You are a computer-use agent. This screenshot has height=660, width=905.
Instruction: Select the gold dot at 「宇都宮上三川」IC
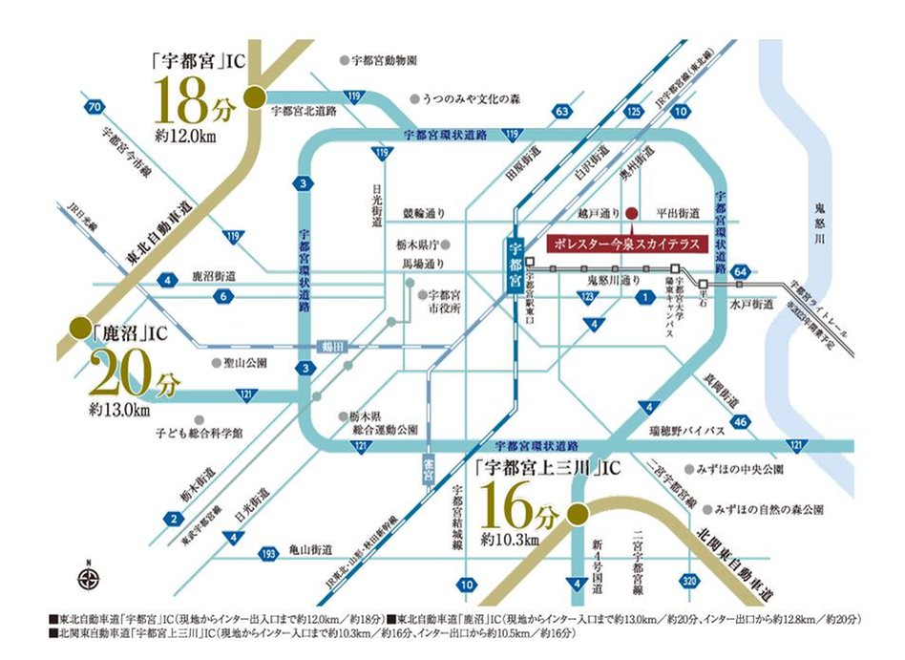point(576,516)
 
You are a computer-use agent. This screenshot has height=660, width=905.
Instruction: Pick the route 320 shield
point(690,580)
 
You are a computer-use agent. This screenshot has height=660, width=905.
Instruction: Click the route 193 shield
point(271,551)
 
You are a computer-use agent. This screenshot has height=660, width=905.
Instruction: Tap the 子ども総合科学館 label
point(198,433)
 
